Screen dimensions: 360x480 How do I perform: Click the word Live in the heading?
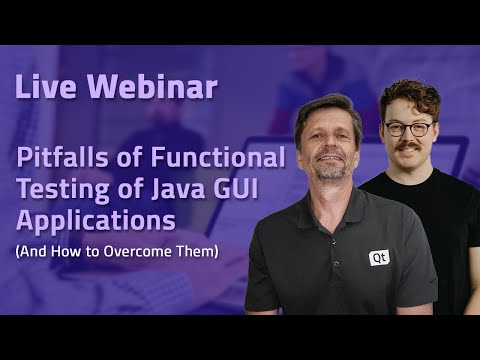43,87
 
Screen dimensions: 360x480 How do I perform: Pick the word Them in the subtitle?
195,251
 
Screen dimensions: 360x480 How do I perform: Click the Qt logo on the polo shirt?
379,257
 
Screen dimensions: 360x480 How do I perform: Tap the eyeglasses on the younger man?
409,128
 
